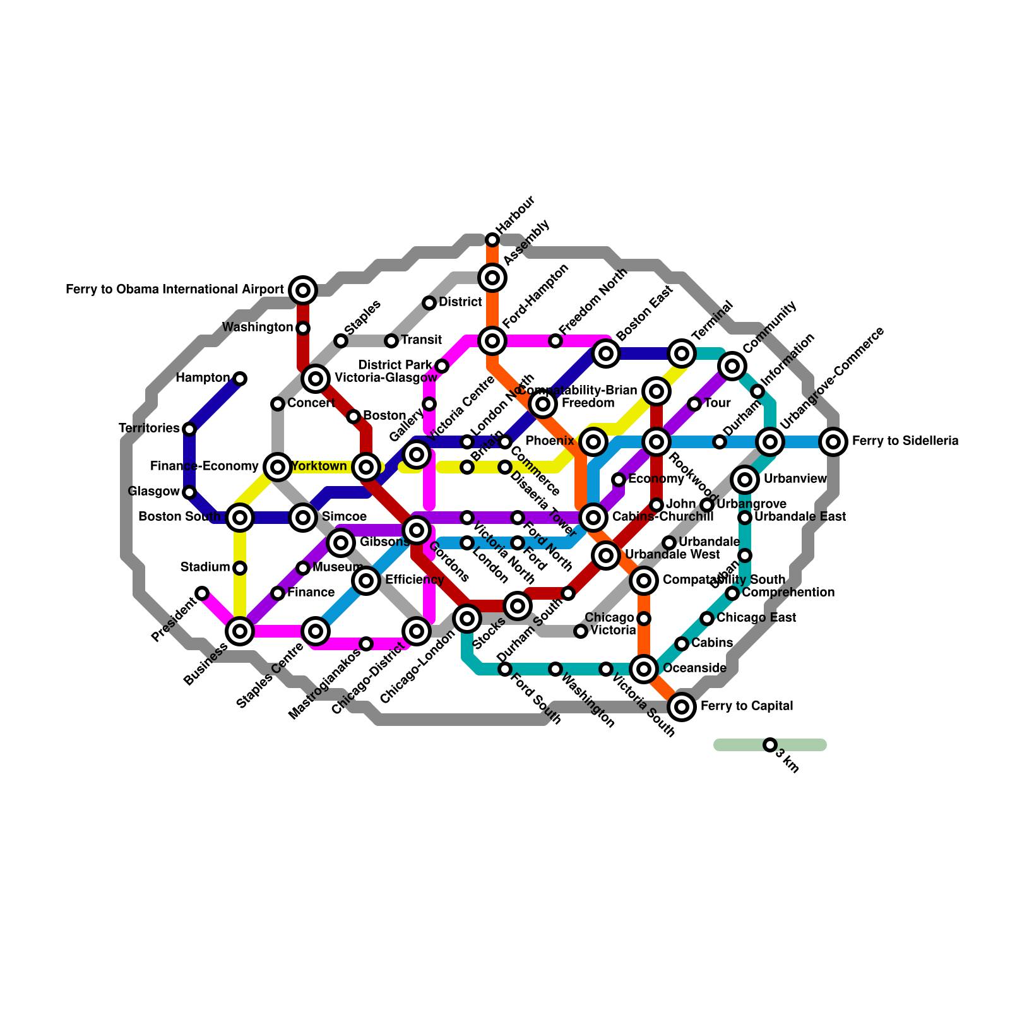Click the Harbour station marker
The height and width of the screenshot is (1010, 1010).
pos(492,240)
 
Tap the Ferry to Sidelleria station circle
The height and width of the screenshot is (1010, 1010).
pos(833,442)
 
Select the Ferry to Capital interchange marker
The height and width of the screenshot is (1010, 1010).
pos(682,707)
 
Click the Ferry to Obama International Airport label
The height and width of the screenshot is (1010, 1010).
pos(175,290)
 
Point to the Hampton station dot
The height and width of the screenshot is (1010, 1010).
pos(240,379)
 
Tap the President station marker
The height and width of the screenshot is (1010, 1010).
pos(202,593)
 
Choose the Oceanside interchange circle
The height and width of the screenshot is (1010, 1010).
pos(644,669)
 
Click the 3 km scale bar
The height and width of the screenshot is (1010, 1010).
pos(770,745)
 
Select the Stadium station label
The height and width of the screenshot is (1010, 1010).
pos(205,567)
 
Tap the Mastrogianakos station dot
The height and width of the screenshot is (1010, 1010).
pos(366,644)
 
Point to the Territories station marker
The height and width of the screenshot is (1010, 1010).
pos(189,429)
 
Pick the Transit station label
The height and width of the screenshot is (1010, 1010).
pos(421,340)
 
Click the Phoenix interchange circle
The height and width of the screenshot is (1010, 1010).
pos(593,442)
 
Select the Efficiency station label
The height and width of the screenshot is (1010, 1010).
pos(414,580)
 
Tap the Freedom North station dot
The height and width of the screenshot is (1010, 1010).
pos(555,341)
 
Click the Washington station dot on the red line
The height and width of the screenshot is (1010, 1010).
pos(303,328)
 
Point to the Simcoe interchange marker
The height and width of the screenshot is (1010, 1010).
pos(303,518)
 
